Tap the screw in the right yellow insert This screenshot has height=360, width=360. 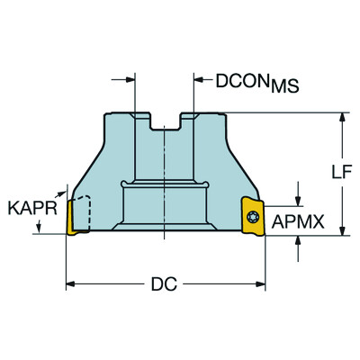click(253, 216)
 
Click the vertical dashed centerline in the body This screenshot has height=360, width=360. click(166, 180)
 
